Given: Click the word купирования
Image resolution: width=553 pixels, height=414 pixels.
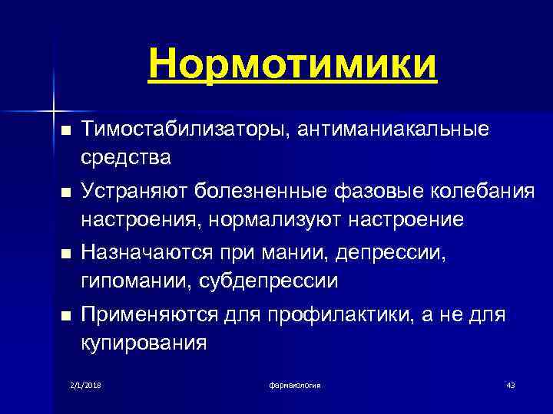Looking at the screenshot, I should (x=144, y=343).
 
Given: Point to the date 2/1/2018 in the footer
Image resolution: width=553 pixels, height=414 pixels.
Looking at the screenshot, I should (x=85, y=384).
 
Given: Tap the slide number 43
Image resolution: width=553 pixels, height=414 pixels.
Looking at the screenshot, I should (x=510, y=384).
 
